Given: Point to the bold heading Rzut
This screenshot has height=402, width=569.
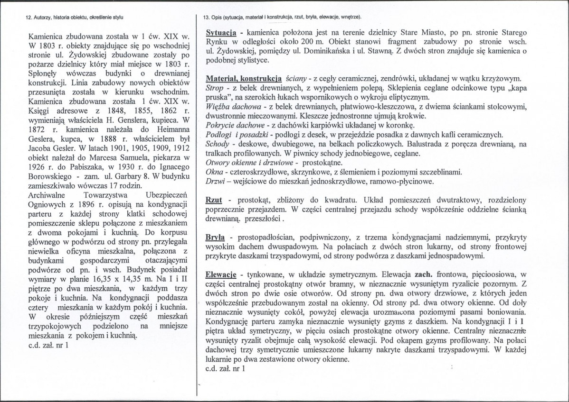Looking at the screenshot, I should pos(214,201).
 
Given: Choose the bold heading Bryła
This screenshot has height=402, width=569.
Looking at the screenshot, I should pos(215,237).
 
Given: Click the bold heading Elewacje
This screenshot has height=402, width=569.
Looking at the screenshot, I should pos(221,274).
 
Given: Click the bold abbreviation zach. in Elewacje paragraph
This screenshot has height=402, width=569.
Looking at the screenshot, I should pos(425,274).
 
